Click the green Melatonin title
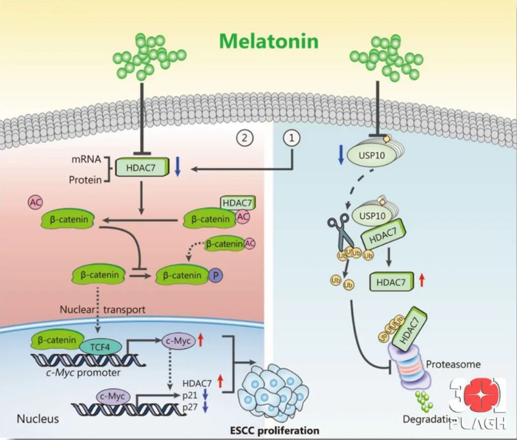269,41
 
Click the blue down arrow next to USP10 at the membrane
340,155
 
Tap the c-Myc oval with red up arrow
178,339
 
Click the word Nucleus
38,418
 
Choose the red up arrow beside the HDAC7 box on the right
422,282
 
